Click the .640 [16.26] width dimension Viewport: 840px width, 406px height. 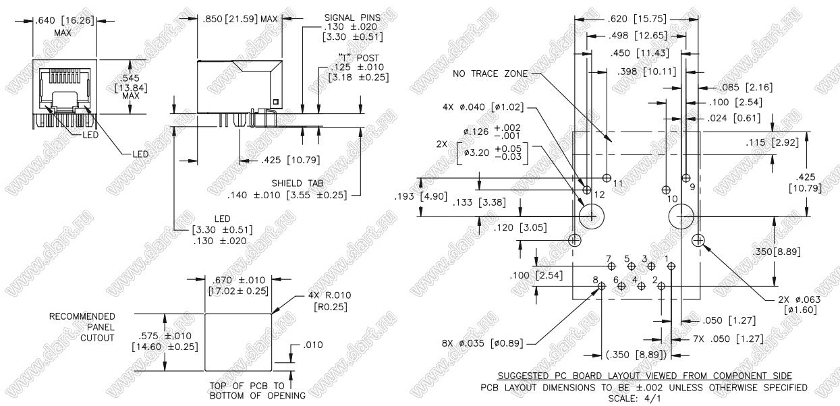(x=65, y=21)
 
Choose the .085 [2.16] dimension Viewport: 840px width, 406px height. (x=746, y=87)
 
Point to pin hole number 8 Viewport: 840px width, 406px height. (x=602, y=287)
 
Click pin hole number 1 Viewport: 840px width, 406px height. (x=671, y=266)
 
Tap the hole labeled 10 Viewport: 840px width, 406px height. (x=667, y=190)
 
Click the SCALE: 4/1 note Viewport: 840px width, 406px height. (x=644, y=397)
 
